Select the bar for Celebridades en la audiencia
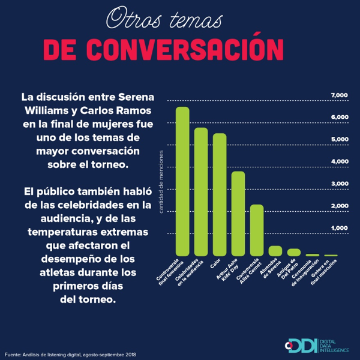tap(201, 191)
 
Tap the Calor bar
tap(220, 194)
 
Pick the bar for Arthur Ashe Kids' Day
tap(238, 213)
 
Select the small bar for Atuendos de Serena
tap(275, 250)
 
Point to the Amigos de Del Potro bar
tap(294, 252)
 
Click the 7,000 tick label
tap(340, 95)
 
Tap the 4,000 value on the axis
tap(340, 162)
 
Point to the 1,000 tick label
tap(340, 229)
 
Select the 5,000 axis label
tap(340, 140)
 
